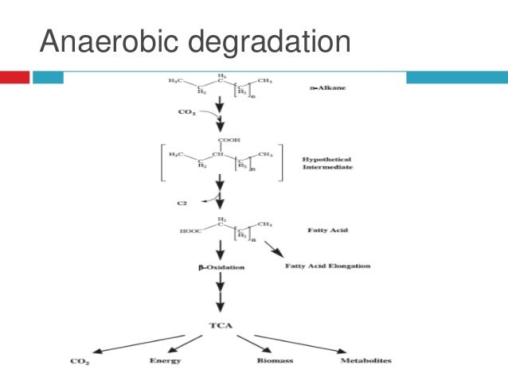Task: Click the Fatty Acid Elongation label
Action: [x=327, y=266]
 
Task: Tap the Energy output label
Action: [x=166, y=361]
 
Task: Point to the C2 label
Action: [x=182, y=204]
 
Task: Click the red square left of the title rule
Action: [x=14, y=78]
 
